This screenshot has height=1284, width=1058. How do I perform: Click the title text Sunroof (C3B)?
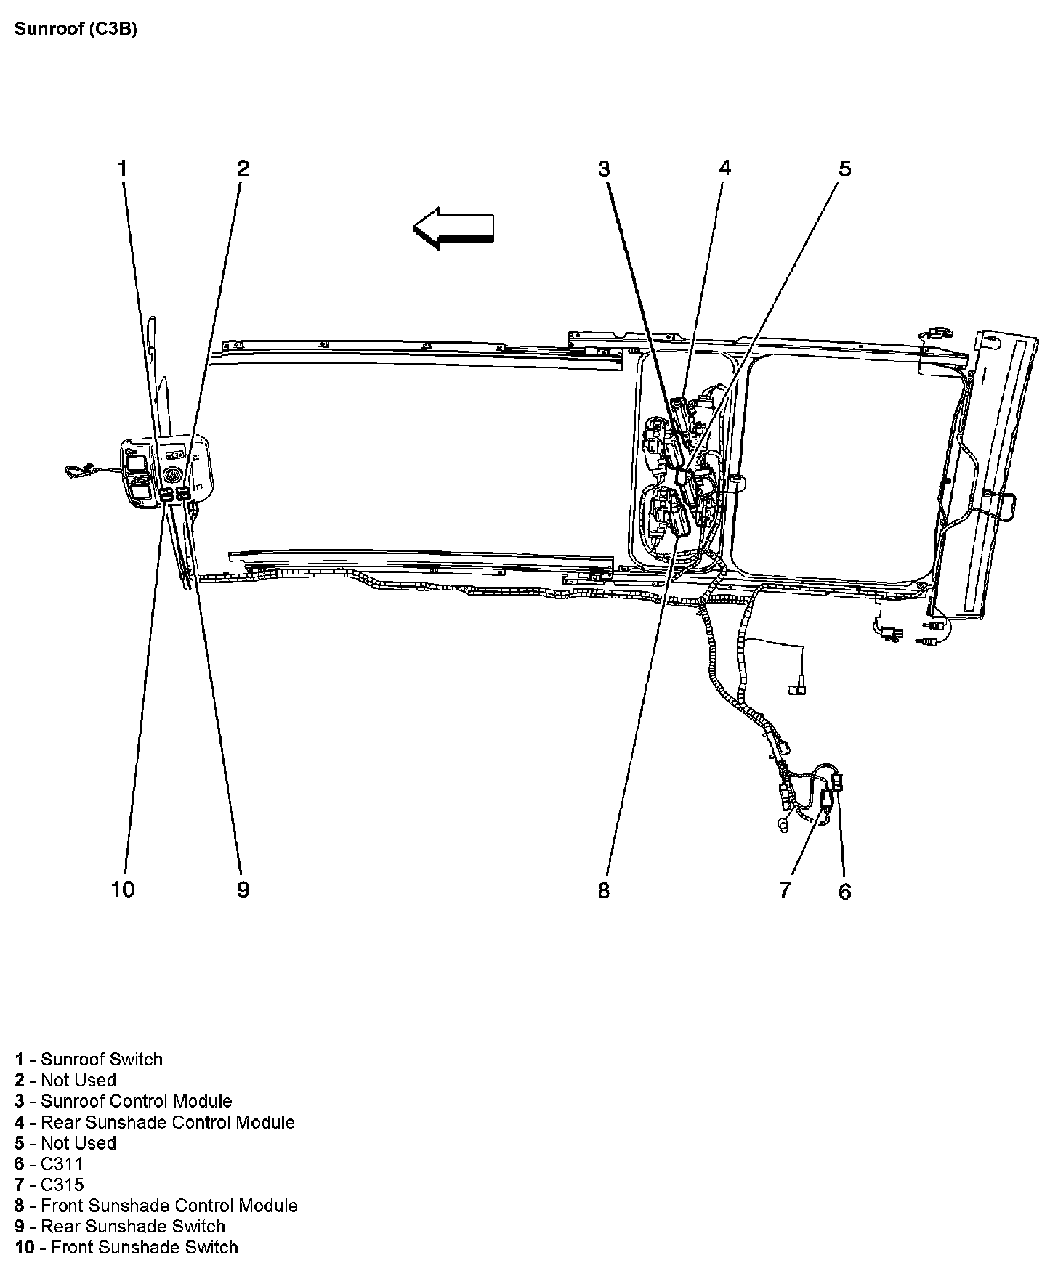[76, 30]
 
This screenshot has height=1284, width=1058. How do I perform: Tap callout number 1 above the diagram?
[123, 169]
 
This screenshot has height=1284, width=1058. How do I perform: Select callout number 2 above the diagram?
[243, 169]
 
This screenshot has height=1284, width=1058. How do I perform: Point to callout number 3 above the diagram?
[604, 169]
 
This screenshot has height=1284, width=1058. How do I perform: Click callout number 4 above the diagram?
[724, 169]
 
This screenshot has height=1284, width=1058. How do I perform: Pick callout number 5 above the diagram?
[844, 169]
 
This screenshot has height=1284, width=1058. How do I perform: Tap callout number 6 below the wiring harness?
[844, 892]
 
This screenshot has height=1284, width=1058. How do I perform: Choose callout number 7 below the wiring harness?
[784, 890]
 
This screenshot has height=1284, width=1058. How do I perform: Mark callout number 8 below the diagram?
[604, 890]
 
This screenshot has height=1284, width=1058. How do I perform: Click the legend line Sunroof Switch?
[89, 1060]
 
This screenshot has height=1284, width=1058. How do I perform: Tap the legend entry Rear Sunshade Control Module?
[155, 1123]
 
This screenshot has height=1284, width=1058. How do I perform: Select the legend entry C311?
[49, 1164]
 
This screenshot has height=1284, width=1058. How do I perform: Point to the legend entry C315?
[49, 1185]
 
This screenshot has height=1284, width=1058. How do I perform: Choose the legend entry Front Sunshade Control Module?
[156, 1206]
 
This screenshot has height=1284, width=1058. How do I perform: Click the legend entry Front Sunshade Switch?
[126, 1248]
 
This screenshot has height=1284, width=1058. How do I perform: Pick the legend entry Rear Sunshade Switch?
[120, 1227]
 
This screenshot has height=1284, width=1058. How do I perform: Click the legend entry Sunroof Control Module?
[124, 1102]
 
